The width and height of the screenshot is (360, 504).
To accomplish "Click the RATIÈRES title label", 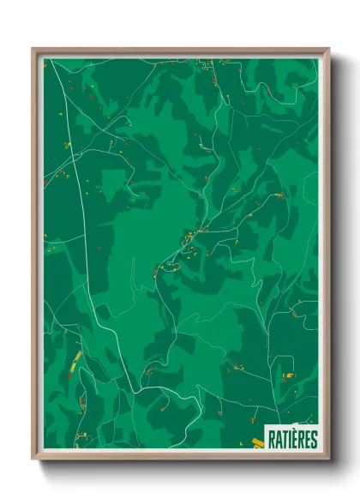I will click(291, 440).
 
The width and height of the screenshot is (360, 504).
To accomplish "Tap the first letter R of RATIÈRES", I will click(272, 440).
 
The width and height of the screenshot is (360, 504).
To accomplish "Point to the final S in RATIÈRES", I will click(314, 440).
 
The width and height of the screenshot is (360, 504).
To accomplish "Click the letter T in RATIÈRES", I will click(284, 440).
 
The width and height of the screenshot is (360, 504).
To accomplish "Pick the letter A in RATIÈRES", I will click(278, 440).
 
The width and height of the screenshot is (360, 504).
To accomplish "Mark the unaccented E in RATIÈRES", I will click(308, 440).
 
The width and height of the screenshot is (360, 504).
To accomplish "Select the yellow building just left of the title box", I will click(257, 442).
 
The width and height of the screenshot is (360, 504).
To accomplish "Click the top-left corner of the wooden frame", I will click(33, 50).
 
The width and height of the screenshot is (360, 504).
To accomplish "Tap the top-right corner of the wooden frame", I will click(328, 50).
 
